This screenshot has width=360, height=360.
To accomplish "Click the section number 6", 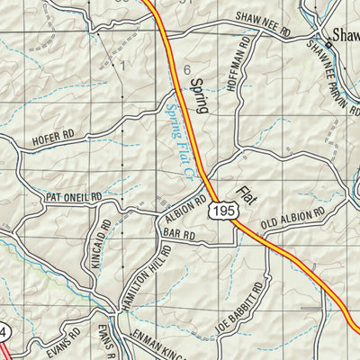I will pos(187,69).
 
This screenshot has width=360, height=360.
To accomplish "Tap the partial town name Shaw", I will pos(346,37).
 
